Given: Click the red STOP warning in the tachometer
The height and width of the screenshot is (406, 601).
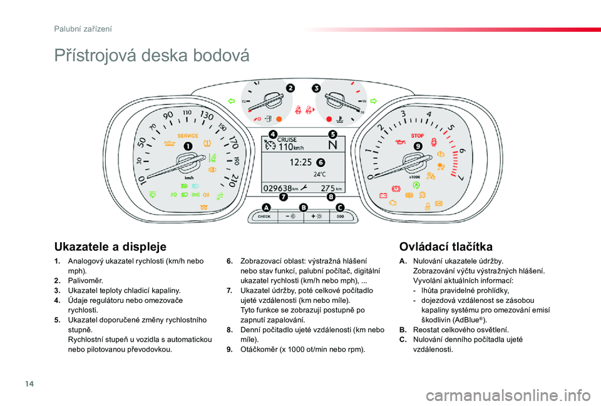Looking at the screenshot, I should (417, 136).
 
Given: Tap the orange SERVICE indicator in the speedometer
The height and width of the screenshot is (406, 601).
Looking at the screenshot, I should (188, 136).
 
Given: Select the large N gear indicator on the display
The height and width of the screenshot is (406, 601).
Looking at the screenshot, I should (332, 145).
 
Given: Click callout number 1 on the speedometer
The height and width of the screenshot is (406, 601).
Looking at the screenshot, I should (187, 146).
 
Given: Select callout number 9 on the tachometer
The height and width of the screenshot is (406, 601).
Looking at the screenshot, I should (417, 146).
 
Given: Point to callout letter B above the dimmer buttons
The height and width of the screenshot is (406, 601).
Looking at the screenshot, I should (304, 207).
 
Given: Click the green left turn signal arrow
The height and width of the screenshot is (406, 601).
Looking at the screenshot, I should (231, 100).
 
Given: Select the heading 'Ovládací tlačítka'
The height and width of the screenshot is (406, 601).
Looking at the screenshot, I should (445, 246).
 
